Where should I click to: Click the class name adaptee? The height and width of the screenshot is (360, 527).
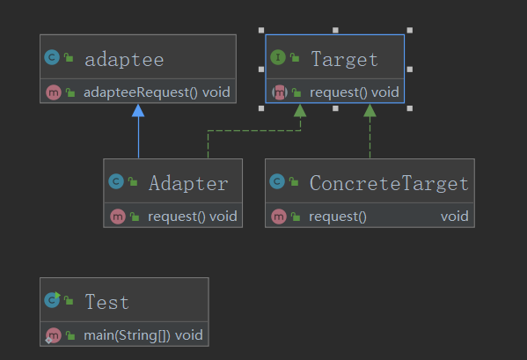click(124, 60)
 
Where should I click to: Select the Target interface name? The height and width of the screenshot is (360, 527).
click(345, 59)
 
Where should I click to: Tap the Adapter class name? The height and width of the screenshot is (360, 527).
click(188, 183)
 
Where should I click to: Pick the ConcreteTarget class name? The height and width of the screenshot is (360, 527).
click(389, 183)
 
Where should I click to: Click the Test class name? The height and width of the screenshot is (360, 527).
click(106, 301)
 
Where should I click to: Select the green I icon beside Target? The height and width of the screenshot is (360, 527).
click(278, 57)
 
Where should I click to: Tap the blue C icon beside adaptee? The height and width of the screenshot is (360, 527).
click(52, 57)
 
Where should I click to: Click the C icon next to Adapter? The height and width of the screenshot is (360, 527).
click(116, 181)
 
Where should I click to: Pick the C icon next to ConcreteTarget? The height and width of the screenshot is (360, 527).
click(277, 181)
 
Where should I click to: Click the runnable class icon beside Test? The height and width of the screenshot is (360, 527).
click(53, 299)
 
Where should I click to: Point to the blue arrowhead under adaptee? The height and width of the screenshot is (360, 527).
click(138, 111)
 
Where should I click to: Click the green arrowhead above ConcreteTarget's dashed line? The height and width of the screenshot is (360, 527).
click(370, 111)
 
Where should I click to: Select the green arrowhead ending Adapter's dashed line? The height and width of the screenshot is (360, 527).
click(300, 111)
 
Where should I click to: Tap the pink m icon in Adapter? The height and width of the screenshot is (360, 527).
click(118, 217)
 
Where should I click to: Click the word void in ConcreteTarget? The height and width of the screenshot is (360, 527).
click(454, 217)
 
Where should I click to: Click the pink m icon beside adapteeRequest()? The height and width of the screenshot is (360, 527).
click(54, 92)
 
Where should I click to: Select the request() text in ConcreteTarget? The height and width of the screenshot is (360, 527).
click(338, 217)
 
